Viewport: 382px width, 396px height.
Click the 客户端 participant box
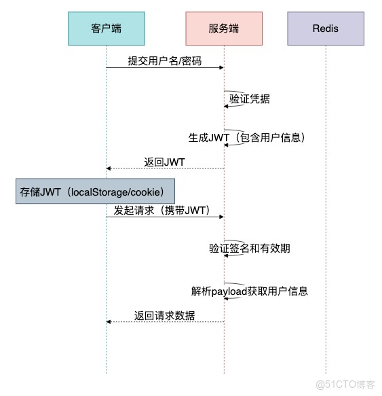[x=107, y=29]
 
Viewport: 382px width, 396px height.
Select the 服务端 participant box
[x=224, y=29]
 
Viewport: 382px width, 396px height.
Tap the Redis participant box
[x=326, y=29]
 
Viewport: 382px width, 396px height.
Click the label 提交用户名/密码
[x=165, y=61]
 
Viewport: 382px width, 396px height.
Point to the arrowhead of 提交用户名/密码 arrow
[x=221, y=67]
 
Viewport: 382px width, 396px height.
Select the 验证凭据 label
[x=250, y=98]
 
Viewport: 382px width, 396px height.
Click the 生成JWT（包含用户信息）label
[x=246, y=138]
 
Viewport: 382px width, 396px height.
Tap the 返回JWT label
[x=164, y=162]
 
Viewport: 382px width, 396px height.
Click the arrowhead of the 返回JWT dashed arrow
[x=109, y=168]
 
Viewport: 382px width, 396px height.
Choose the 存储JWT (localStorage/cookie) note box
[x=95, y=191]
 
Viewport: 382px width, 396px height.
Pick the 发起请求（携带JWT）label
[x=161, y=211]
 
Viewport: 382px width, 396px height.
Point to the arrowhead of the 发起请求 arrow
[x=221, y=217]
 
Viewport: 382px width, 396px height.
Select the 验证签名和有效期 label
[x=250, y=248]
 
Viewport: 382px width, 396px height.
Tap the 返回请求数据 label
[x=164, y=316]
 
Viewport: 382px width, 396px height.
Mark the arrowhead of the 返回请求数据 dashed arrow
[x=109, y=322]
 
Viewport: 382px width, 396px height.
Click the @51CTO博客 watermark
[x=345, y=384]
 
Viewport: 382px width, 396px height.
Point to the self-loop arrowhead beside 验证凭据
[x=226, y=107]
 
